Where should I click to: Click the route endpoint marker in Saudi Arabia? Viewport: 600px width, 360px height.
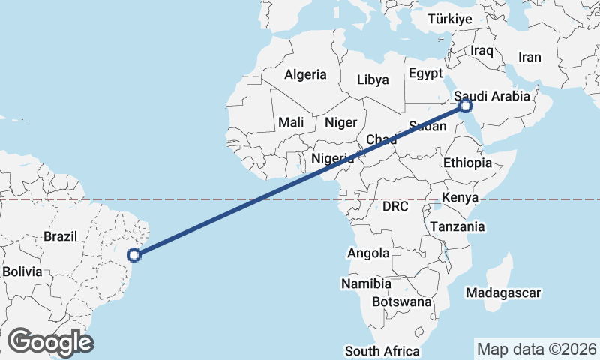pos(466,106)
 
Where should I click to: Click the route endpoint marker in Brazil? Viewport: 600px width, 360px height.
pos(134,255)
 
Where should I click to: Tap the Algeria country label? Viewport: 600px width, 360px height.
pos(305,74)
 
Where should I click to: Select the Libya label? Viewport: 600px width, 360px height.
pos(373,79)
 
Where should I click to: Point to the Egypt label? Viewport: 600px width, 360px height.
pos(426,73)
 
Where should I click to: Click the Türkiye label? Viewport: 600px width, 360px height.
pos(450,19)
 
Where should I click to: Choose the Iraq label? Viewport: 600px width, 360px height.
pos(482,50)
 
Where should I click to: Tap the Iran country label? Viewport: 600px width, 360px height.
pos(529,57)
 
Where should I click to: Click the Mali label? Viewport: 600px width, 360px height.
pos(291,122)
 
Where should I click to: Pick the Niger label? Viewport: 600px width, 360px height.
pos(340,122)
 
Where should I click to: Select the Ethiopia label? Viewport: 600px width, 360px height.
pos(467,163)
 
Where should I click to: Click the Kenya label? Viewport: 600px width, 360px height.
pos(460,197)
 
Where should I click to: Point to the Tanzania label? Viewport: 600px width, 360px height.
pos(457,226)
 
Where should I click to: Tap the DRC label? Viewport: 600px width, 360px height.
pos(394,206)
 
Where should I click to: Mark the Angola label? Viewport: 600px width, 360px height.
pos(368,253)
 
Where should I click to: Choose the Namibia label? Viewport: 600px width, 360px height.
pos(366,284)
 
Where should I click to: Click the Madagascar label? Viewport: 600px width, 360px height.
pos(502,292)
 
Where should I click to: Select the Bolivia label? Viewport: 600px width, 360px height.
pos(22,271)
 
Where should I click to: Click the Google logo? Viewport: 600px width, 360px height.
pos(51,342)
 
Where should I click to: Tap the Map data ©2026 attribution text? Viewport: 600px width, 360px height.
pos(536,349)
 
